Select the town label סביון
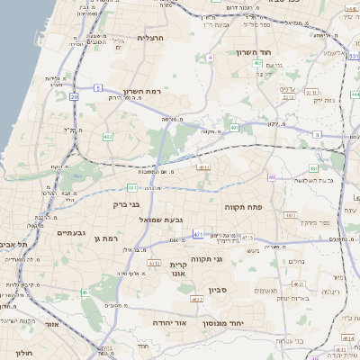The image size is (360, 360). click(x=219, y=290)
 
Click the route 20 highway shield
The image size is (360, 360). click(x=74, y=95)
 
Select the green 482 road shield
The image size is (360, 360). click(x=108, y=136)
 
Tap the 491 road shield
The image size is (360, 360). click(x=234, y=129)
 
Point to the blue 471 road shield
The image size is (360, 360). click(x=197, y=234)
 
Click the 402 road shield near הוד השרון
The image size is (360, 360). click(x=257, y=64)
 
